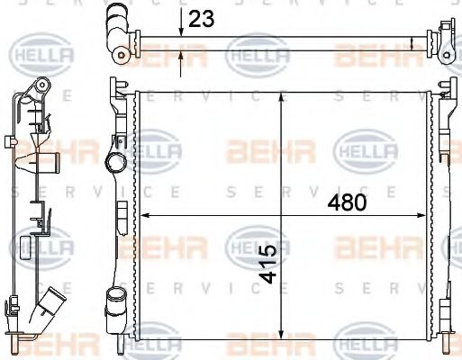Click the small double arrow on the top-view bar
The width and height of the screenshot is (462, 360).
click(412, 41)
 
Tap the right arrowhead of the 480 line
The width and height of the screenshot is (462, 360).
click(423, 215)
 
